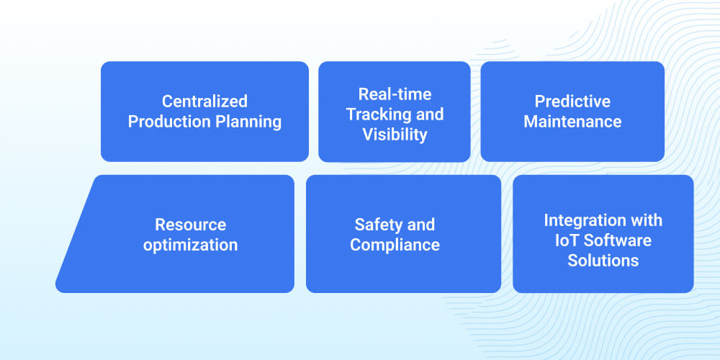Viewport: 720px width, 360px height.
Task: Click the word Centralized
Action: (204, 102)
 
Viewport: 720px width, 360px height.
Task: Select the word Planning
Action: (248, 122)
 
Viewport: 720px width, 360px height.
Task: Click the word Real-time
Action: (395, 94)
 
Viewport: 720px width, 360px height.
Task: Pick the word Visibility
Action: (395, 135)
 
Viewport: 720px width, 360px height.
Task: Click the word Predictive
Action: (572, 102)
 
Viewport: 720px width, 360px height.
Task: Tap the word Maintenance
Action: (572, 122)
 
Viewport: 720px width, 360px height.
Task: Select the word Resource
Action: (190, 225)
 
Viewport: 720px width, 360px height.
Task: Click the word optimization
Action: (190, 245)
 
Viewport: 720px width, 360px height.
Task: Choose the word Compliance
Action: (395, 245)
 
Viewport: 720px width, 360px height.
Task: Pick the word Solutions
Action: (603, 260)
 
